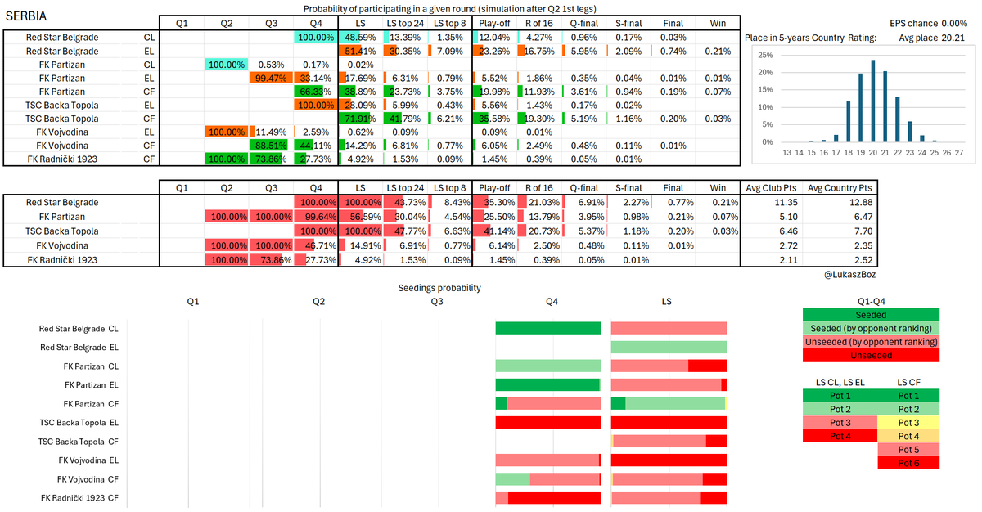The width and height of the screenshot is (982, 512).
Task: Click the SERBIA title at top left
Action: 26,16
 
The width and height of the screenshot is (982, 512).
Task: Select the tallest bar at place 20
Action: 873,101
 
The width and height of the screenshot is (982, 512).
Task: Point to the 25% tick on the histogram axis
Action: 765,55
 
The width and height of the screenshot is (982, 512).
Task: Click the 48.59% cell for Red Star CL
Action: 360,38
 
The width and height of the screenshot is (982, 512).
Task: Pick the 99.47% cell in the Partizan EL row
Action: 271,78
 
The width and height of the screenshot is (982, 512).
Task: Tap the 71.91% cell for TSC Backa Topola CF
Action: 360,119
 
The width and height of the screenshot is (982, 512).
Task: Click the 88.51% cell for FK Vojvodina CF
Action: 271,146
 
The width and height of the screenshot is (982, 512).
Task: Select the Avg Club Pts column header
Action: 771,188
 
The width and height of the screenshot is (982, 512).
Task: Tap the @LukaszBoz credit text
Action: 849,275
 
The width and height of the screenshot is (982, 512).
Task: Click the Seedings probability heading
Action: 439,288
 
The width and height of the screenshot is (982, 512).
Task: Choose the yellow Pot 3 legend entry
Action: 908,423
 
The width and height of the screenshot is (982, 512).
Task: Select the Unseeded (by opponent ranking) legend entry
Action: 871,342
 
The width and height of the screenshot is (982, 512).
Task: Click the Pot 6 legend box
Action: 908,463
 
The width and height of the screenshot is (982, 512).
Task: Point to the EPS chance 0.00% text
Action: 928,23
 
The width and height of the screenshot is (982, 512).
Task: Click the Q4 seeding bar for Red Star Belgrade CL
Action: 548,328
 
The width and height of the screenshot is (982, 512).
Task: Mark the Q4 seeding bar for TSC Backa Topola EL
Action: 548,422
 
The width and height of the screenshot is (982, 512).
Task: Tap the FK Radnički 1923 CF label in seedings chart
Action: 79,498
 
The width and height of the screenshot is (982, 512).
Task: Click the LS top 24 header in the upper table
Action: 405,23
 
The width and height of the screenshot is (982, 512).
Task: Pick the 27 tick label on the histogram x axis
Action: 959,153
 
